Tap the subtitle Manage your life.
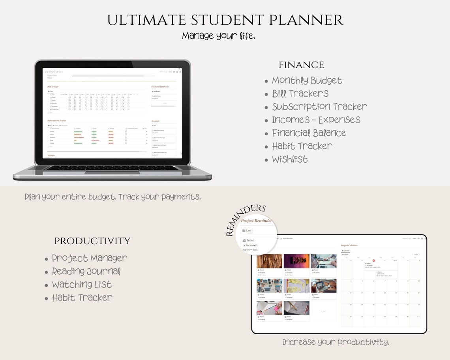tap(219, 36)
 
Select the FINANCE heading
tap(301, 65)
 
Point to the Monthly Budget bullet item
tap(307, 81)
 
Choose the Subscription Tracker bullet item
tap(319, 107)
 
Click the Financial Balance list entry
tap(309, 133)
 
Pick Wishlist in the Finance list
tap(290, 159)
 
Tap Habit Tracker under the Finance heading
tap(302, 146)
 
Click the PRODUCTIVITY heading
tap(92, 241)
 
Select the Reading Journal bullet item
tap(86, 272)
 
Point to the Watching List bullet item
tap(82, 285)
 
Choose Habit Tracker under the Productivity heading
tap(82, 298)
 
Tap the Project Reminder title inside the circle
tap(257, 221)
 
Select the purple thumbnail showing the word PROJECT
tap(296, 261)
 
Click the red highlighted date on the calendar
tap(373, 261)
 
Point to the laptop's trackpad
tap(112, 172)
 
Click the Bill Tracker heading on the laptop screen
tap(53, 86)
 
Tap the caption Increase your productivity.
tap(336, 342)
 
